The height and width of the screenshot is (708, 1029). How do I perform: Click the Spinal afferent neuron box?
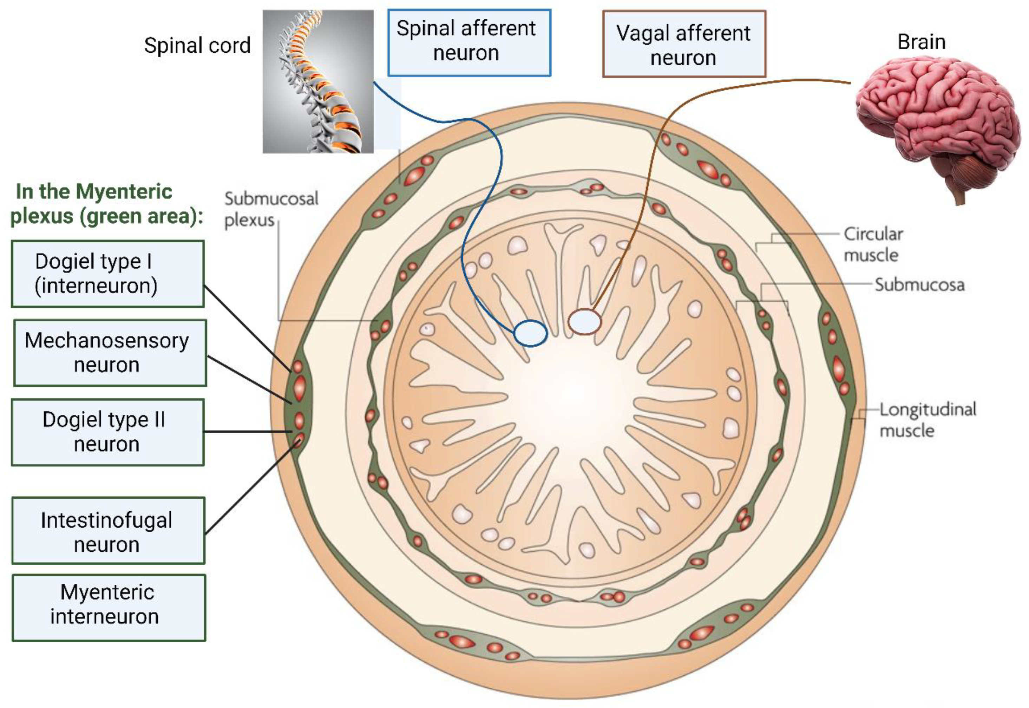[x=469, y=42]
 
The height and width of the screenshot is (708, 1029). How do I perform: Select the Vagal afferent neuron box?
[x=684, y=44]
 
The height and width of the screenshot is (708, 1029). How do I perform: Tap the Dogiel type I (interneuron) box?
[x=108, y=274]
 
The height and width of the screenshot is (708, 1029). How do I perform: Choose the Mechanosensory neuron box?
[x=110, y=353]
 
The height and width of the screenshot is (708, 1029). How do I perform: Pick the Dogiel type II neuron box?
[x=108, y=432]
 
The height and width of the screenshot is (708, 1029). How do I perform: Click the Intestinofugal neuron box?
[x=108, y=531]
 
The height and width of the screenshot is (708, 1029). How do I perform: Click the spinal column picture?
[x=318, y=81]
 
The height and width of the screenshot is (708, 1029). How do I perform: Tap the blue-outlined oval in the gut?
[x=530, y=333]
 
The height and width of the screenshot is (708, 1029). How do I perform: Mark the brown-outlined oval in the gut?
[x=585, y=322]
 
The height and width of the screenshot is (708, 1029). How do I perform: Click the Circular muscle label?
[x=873, y=244]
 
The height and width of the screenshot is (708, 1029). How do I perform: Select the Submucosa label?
[x=919, y=285]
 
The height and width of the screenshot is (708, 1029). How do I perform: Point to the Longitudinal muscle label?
[x=928, y=420]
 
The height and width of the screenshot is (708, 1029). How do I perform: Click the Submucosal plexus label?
[x=271, y=209]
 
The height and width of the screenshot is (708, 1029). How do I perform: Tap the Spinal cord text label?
[x=197, y=45]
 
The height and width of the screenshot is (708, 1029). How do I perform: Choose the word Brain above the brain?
[x=922, y=42]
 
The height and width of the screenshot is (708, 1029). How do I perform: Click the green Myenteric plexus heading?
[x=106, y=204]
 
